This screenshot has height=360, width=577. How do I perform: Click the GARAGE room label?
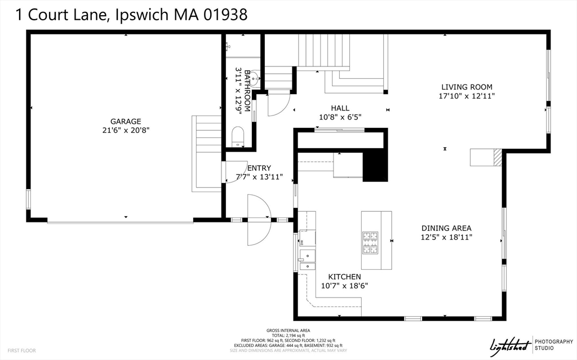pyautogui.click(x=126, y=121)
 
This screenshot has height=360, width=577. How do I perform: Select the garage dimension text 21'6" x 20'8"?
pyautogui.click(x=126, y=130)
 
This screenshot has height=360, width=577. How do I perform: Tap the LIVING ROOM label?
pyautogui.click(x=467, y=87)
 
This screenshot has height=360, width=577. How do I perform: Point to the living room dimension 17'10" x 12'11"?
pyautogui.click(x=467, y=96)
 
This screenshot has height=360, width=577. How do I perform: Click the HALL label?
pyautogui.click(x=340, y=108)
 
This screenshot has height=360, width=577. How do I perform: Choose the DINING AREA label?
pyautogui.click(x=446, y=228)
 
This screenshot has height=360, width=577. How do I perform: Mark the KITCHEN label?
pyautogui.click(x=344, y=277)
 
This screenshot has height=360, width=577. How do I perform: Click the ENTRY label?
pyautogui.click(x=259, y=168)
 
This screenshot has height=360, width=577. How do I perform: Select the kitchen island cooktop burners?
pyautogui.click(x=370, y=241)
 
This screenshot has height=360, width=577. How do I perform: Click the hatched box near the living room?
pyautogui.click(x=496, y=157)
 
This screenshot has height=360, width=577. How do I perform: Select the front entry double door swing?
pyautogui.click(x=259, y=220)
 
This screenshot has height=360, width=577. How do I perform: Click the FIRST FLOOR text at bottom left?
pyautogui.click(x=21, y=350)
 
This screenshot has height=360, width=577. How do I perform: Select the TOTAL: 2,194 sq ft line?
pyautogui.click(x=288, y=335)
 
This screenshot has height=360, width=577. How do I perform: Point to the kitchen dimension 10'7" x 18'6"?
pyautogui.click(x=344, y=286)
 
